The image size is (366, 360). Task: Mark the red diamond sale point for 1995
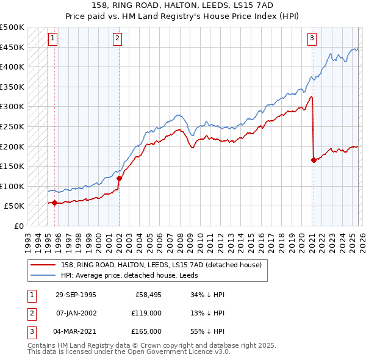55,203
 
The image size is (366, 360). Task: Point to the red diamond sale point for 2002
119,178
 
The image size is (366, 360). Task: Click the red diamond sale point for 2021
314,160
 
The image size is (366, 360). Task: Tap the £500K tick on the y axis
12,27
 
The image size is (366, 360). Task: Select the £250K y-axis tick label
12,126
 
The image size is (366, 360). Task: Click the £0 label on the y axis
20,226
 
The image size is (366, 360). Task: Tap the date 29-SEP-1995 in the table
76,295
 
